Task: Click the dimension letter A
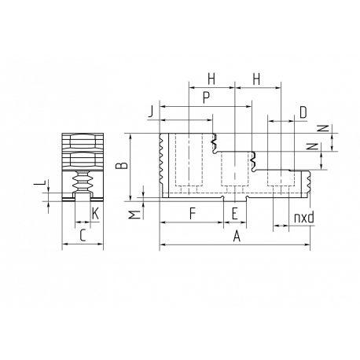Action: pyautogui.click(x=237, y=237)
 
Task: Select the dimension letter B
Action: pyautogui.click(x=122, y=166)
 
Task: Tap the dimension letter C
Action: pyautogui.click(x=83, y=235)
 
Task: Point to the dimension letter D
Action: pyautogui.click(x=303, y=113)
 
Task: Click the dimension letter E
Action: pyautogui.click(x=235, y=213)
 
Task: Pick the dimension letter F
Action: pyautogui.click(x=193, y=213)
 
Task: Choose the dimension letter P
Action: pyautogui.click(x=207, y=98)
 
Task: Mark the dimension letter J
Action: pyautogui.click(x=151, y=112)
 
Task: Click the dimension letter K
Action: pyautogui.click(x=95, y=214)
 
